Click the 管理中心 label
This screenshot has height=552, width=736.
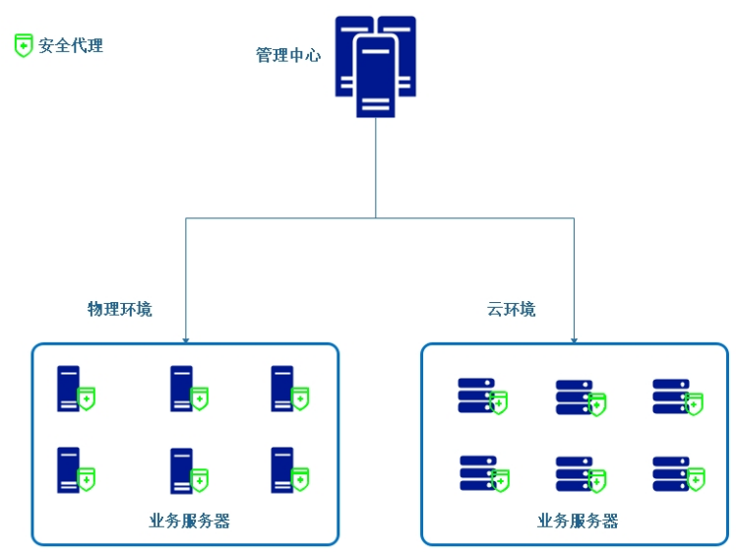tap(288, 55)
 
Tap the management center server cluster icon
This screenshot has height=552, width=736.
tap(375, 66)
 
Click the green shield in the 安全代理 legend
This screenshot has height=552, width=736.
tap(24, 45)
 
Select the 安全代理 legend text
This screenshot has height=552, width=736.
tap(71, 45)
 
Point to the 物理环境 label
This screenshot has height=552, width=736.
tap(120, 309)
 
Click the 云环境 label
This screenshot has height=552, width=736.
tap(512, 309)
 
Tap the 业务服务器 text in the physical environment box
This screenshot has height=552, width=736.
tap(190, 521)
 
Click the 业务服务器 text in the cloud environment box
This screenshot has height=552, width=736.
tap(578, 521)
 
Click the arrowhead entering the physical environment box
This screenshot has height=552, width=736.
tap(185, 339)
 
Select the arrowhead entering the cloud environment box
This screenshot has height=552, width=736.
tap(575, 339)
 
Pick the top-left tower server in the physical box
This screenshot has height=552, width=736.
tap(69, 388)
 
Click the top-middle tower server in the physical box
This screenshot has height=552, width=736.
tap(181, 388)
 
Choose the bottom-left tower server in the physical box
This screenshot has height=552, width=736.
tap(69, 469)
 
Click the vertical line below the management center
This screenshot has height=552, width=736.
tap(375, 167)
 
